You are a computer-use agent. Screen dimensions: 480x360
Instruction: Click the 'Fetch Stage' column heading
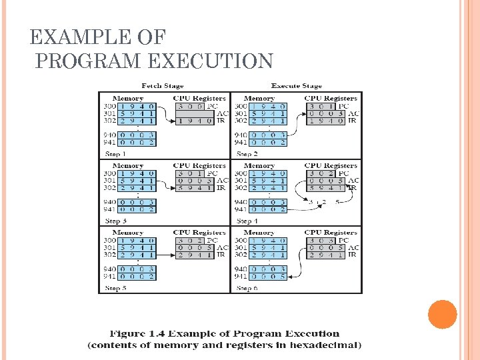163,86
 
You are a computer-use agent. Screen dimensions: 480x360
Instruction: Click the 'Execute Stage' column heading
296,86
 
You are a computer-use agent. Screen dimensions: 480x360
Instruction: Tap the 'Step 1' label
115,154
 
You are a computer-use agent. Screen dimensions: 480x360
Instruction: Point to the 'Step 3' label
115,221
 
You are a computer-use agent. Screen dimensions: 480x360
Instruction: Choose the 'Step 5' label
115,288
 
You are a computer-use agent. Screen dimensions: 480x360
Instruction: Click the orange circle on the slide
442,315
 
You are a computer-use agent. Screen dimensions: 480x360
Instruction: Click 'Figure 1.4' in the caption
139,333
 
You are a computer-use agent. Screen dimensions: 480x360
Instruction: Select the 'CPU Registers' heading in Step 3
199,165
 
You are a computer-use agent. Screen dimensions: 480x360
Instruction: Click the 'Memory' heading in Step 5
128,233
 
